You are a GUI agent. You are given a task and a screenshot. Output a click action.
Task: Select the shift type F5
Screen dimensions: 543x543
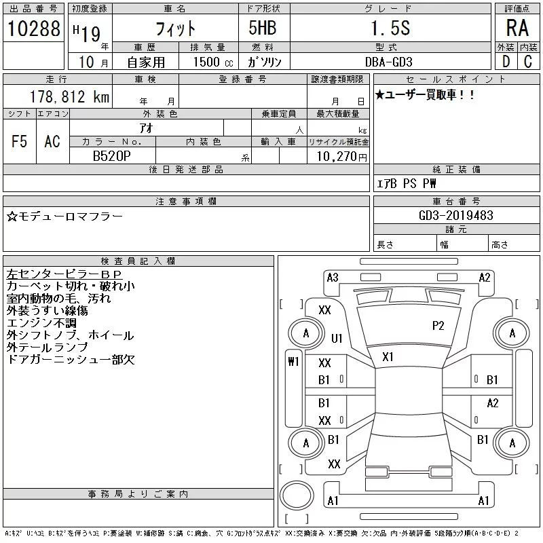pyautogui.click(x=20, y=141)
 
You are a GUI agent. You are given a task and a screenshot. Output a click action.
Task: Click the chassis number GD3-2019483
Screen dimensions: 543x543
pyautogui.click(x=456, y=215)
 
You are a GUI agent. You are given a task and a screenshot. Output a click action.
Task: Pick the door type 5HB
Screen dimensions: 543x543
pyautogui.click(x=257, y=29)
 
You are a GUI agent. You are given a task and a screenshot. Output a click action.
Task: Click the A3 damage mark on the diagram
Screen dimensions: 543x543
pyautogui.click(x=333, y=277)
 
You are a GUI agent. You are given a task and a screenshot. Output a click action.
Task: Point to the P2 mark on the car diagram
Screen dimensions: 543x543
pyautogui.click(x=438, y=326)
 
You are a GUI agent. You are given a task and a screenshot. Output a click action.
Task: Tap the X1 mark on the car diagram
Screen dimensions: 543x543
pyautogui.click(x=388, y=356)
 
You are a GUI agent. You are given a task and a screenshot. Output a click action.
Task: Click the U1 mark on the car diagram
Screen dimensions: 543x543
pyautogui.click(x=337, y=337)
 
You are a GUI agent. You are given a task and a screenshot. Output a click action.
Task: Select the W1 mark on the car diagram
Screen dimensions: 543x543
pyautogui.click(x=293, y=362)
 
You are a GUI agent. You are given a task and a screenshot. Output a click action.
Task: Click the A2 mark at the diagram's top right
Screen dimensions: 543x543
pyautogui.click(x=485, y=277)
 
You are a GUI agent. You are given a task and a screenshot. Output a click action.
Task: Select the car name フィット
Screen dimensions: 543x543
pyautogui.click(x=176, y=29)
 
